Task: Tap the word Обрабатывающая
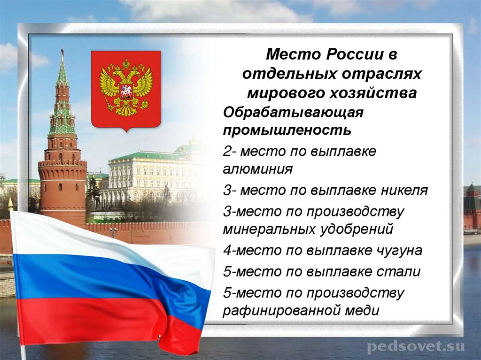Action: [x=294, y=112]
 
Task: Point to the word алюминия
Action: [x=258, y=169]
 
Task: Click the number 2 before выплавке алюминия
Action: [x=227, y=152]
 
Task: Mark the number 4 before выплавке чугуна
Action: [x=227, y=251]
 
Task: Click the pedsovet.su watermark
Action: [x=415, y=347]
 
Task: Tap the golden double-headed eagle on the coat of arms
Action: [x=126, y=87]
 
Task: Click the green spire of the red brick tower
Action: [x=62, y=70]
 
